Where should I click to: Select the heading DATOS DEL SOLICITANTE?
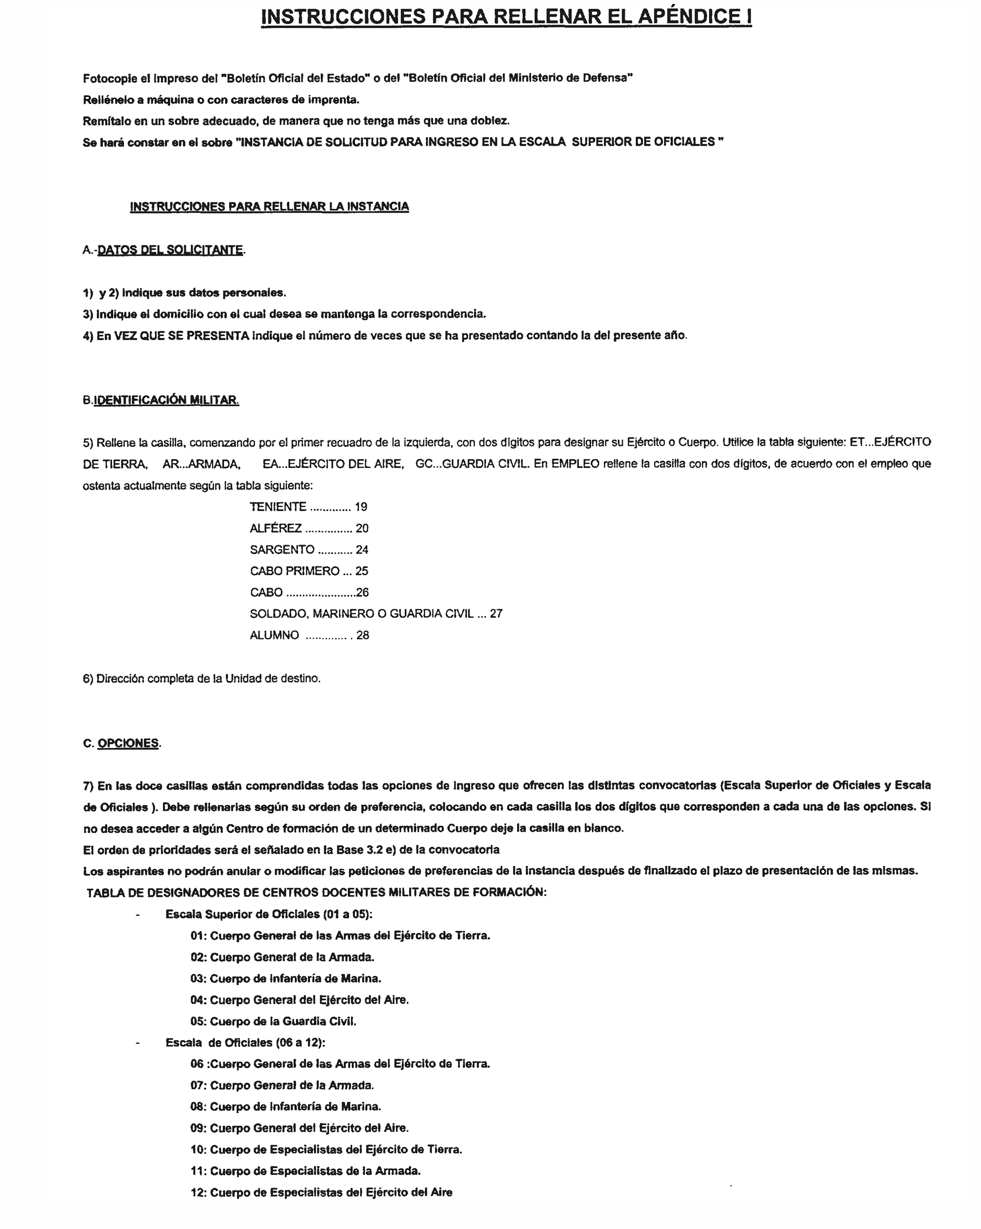(x=170, y=250)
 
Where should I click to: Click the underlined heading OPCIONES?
(x=128, y=743)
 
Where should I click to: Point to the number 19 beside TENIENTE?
(x=361, y=507)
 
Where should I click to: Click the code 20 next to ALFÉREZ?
(x=362, y=528)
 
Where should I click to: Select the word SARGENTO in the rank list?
(x=282, y=549)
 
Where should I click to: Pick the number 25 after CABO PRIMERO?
(x=362, y=571)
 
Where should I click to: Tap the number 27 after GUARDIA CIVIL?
(x=496, y=614)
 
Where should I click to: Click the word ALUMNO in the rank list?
(x=274, y=635)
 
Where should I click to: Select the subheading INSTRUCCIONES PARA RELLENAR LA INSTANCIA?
(x=269, y=207)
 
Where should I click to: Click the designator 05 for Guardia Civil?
(x=197, y=1021)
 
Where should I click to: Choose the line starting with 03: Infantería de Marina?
(x=285, y=978)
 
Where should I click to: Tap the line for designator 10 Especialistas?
(x=326, y=1149)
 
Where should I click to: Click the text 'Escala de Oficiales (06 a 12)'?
(x=245, y=1043)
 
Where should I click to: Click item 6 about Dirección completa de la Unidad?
(x=202, y=679)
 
